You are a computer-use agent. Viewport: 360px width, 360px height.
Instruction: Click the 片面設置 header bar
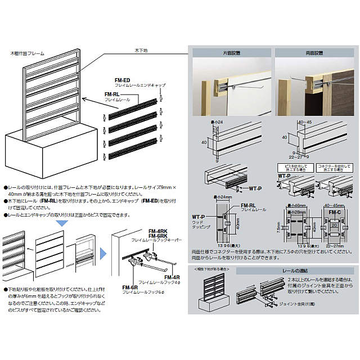230,53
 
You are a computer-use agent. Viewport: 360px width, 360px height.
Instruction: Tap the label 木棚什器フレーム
35,53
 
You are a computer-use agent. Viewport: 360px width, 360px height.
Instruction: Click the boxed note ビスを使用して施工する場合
290,168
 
